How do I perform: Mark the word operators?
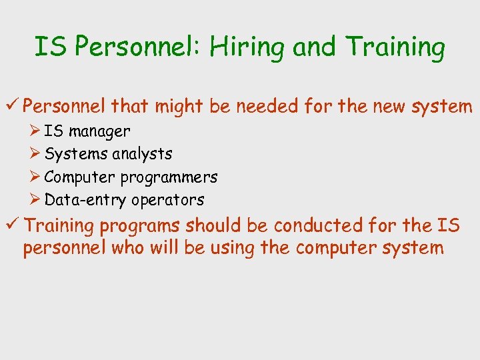(167, 200)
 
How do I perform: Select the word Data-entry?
(85, 200)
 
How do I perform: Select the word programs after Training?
(141, 227)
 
